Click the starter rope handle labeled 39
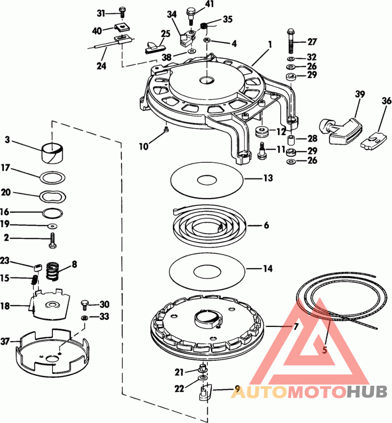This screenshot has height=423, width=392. click(x=340, y=130)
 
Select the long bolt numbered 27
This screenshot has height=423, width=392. click(x=291, y=41)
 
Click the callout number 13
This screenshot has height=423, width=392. click(x=268, y=178)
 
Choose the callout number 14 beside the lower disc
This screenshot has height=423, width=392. click(x=268, y=269)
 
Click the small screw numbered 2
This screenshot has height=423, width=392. click(x=52, y=240)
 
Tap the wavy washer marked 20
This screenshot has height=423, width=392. click(x=53, y=196)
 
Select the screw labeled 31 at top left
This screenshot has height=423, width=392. click(x=122, y=12)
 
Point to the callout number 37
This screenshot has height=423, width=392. click(x=5, y=342)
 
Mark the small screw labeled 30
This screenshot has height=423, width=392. click(x=84, y=306)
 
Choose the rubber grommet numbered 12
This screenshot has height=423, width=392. click(x=262, y=131)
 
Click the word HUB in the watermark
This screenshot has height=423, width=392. click(x=367, y=392)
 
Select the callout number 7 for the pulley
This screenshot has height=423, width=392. click(x=296, y=327)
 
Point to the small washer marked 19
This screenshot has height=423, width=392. click(x=52, y=225)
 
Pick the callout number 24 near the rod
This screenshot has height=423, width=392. click(x=101, y=66)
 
